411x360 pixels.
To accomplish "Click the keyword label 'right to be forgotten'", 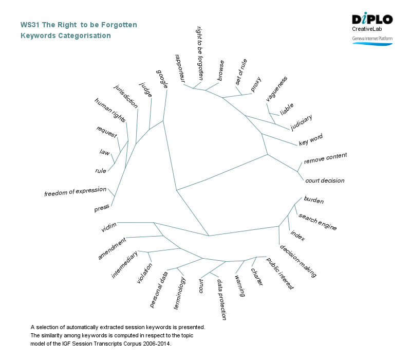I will pyautogui.click(x=200, y=53).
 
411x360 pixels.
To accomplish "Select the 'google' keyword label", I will pyautogui.click(x=162, y=79).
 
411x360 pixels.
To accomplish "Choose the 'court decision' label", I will pyautogui.click(x=325, y=181).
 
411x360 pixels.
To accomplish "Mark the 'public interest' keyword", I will pyautogui.click(x=280, y=274).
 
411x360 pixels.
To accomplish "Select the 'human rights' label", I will pyautogui.click(x=110, y=110).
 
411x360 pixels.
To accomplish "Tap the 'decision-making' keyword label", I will pyautogui.click(x=298, y=261).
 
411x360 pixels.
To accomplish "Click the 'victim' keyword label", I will pyautogui.click(x=109, y=227).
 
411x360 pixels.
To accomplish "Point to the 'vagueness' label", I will pyautogui.click(x=277, y=88).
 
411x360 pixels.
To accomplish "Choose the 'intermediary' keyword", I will pyautogui.click(x=125, y=265).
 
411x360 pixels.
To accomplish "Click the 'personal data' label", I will pyautogui.click(x=159, y=290).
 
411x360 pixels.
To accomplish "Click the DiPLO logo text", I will pyautogui.click(x=372, y=20).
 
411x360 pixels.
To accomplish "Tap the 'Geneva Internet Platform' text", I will pyautogui.click(x=372, y=39).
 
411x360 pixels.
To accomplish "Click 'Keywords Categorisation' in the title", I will pyautogui.click(x=65, y=36).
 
